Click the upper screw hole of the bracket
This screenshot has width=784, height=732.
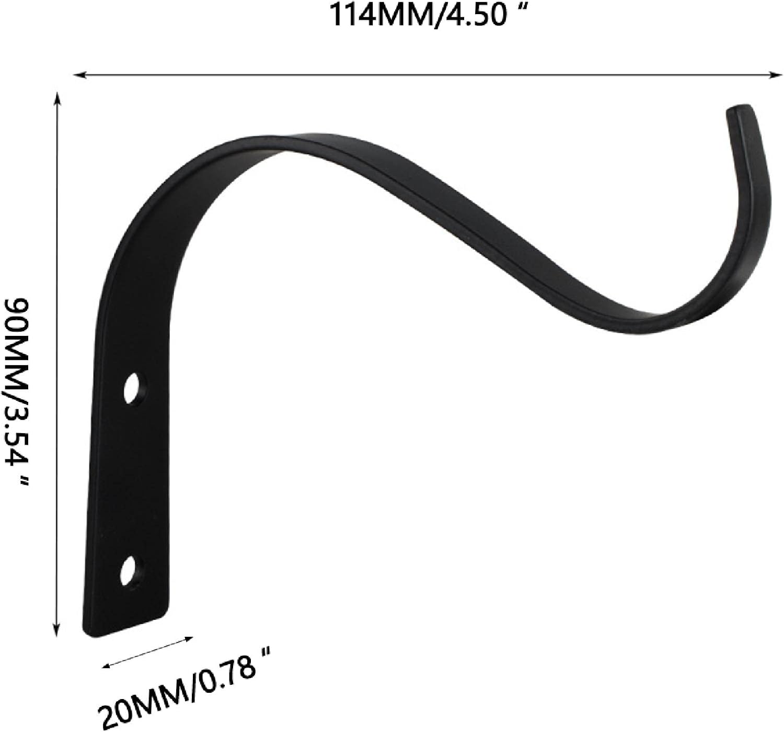133,388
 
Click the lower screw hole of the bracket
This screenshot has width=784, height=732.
131,571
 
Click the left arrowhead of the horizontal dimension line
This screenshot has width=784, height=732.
80,74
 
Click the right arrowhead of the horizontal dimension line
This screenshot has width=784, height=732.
775,75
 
